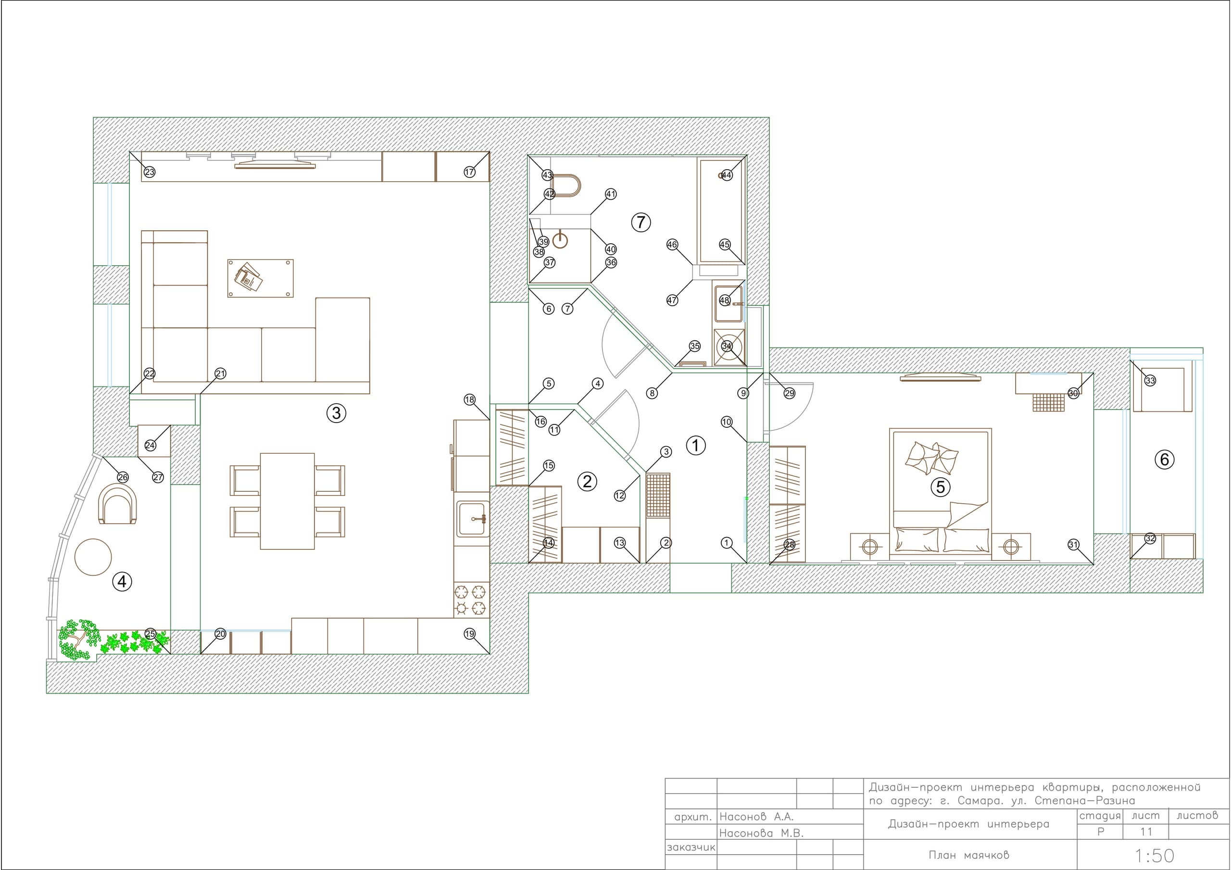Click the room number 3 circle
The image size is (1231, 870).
click(336, 413)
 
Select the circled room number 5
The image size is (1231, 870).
click(941, 487)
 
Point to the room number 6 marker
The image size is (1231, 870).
click(1165, 460)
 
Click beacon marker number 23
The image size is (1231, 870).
click(150, 172)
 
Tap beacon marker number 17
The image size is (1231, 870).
click(470, 172)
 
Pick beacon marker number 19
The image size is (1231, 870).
click(470, 634)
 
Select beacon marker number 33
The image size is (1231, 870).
click(1150, 381)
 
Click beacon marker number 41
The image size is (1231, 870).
click(611, 194)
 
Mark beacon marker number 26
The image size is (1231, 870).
click(123, 477)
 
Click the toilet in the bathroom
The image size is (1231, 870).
click(565, 186)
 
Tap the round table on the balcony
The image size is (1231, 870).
click(93, 557)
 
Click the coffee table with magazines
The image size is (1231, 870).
click(261, 278)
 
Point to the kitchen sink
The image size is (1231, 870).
click(472, 519)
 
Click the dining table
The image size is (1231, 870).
click(288, 501)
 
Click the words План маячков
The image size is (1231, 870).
click(968, 855)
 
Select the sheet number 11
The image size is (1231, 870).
click(1146, 832)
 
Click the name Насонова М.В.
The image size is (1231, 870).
click(761, 833)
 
